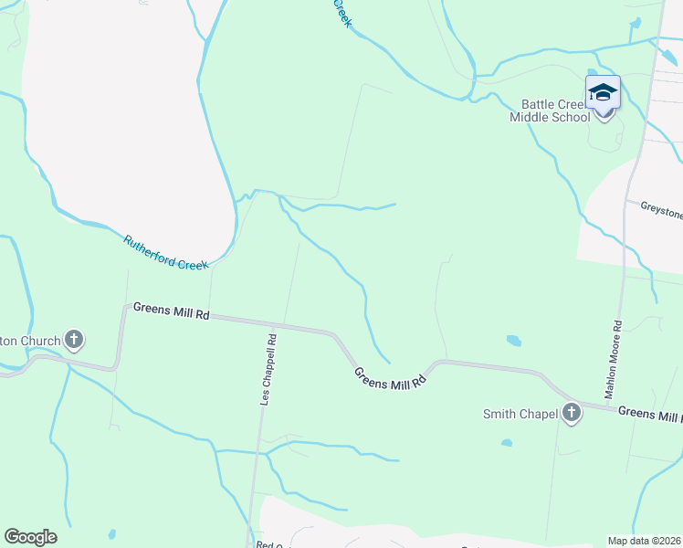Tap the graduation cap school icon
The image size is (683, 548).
point(603,92)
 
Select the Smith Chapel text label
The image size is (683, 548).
point(520,415)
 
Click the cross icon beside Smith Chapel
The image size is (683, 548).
point(572,414)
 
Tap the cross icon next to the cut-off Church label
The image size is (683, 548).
point(74,341)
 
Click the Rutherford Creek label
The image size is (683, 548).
point(166,253)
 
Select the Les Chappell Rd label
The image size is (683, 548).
point(268,368)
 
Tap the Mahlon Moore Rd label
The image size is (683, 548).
point(615,359)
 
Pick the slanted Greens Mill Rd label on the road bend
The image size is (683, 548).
point(391,376)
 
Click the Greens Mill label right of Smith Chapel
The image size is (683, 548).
point(649,414)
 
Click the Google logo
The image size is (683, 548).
point(30,537)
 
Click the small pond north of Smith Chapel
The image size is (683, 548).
point(514,341)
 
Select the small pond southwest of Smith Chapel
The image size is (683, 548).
point(506,444)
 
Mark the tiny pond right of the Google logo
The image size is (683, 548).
point(111,533)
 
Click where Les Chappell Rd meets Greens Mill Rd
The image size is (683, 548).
point(271,323)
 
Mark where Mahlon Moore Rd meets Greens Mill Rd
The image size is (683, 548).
point(608,406)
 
